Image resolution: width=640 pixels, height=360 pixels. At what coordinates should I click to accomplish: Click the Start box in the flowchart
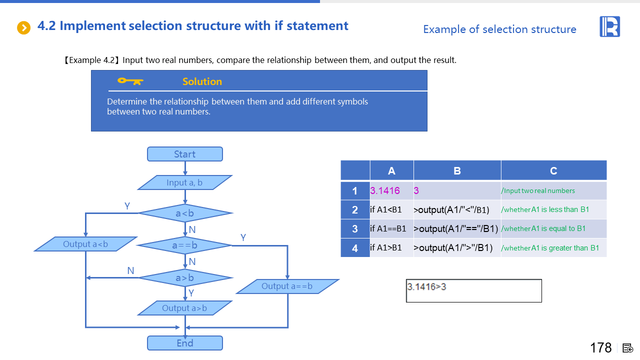click(184, 154)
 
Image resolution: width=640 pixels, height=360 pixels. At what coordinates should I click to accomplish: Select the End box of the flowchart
click(184, 343)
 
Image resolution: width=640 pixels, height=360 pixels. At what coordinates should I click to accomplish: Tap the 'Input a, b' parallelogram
click(184, 182)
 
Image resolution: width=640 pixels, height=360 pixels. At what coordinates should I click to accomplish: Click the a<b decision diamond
click(184, 213)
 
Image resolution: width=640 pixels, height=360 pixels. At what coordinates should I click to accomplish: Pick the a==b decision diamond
click(184, 245)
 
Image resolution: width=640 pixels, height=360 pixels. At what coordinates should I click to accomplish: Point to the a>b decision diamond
click(184, 277)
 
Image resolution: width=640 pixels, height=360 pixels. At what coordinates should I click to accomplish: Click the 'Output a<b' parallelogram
click(85, 244)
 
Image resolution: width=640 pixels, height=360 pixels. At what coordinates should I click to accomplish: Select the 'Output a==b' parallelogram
click(287, 286)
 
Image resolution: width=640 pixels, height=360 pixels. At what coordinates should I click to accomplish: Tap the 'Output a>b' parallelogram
click(184, 308)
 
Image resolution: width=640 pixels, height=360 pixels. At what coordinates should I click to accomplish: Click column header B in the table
click(457, 170)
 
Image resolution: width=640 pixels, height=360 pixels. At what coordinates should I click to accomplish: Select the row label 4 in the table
click(355, 248)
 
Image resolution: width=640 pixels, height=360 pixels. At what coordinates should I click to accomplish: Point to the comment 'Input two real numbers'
click(538, 190)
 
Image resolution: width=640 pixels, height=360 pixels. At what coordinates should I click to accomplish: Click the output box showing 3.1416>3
click(473, 291)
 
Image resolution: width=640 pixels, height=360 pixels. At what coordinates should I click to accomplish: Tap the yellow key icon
click(130, 81)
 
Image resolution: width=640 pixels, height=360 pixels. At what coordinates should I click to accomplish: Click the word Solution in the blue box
click(202, 81)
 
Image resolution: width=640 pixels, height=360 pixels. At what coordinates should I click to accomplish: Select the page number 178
click(600, 347)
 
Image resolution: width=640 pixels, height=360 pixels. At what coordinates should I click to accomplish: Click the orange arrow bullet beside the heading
click(24, 27)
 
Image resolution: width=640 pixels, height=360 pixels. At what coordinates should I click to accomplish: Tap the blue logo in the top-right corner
click(609, 26)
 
